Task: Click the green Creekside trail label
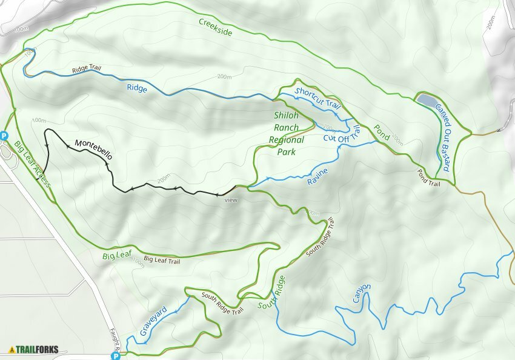coord(216,27)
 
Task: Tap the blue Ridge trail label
coord(137,88)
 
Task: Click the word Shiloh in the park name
coord(287,116)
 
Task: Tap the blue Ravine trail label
coord(317,176)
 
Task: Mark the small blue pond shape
coord(426,99)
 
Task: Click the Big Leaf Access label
coord(32,164)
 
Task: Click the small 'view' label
coord(231,199)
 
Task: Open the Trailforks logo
coord(34,350)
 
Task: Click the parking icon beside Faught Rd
coord(116,356)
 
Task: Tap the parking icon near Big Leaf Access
coord(4,136)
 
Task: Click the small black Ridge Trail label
coord(86,69)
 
